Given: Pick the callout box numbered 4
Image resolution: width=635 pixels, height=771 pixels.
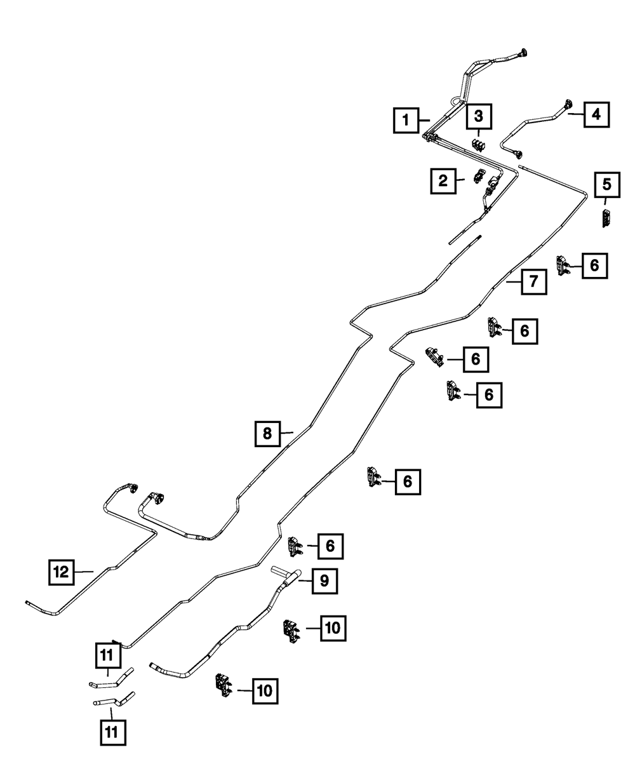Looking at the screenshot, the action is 595,115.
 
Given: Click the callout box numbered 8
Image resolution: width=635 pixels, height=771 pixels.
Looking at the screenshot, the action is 267,434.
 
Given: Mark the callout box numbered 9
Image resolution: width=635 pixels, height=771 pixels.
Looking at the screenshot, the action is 324,580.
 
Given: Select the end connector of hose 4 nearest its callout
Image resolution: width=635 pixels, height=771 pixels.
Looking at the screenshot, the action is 566,105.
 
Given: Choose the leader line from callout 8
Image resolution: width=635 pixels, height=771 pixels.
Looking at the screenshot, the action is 286,433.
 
